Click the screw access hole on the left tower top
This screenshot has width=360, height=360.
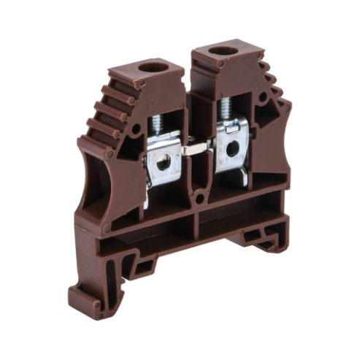153,68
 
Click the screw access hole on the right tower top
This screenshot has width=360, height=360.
223,52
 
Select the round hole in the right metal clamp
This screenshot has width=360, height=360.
232,149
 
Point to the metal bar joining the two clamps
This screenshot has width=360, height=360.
195,148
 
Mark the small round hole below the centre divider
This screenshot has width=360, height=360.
199,199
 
